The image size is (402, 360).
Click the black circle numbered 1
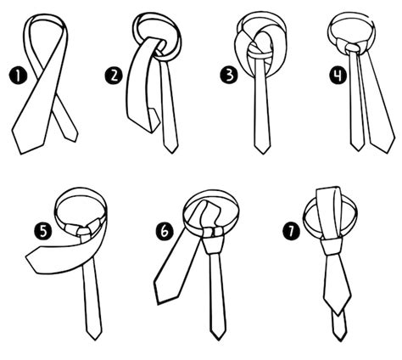(18, 76)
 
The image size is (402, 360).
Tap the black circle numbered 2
(114, 76)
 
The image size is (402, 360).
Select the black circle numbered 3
(229, 76)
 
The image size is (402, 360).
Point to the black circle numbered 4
(338, 76)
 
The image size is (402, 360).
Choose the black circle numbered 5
(43, 231)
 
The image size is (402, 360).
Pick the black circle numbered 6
(165, 231)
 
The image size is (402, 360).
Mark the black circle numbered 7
(292, 231)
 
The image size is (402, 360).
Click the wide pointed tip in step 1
(21, 154)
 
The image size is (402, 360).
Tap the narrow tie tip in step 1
(75, 141)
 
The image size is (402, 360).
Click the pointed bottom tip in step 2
(171, 153)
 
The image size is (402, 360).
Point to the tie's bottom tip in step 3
(263, 154)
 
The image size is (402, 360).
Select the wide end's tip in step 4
(388, 153)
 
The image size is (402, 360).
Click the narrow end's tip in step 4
(358, 150)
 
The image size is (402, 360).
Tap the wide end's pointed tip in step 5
(26, 257)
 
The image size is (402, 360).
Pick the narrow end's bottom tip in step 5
(95, 340)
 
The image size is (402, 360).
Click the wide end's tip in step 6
(159, 304)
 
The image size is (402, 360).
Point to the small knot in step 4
(352, 48)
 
